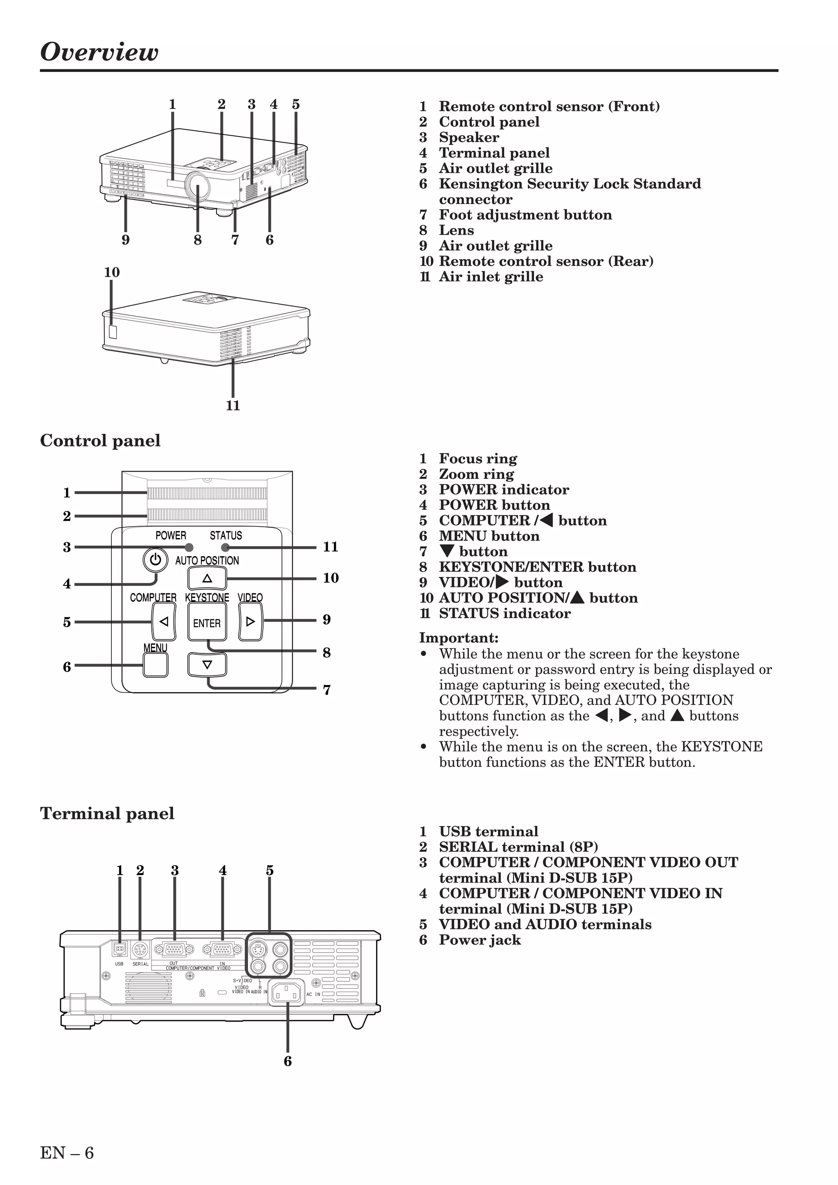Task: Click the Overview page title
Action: point(99,52)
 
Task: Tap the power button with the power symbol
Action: point(155,559)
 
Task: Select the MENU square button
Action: point(155,665)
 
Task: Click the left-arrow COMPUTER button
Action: point(164,622)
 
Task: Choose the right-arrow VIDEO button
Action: point(250,622)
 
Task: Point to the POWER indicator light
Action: point(189,547)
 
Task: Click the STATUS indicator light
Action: point(225,547)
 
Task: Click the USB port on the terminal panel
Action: point(120,949)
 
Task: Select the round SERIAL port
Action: point(140,949)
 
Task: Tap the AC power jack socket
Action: point(286,992)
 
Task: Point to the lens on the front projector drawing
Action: point(198,185)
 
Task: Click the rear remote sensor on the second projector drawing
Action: point(113,331)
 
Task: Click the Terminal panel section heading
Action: point(107,813)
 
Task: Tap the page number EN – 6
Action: point(67,1152)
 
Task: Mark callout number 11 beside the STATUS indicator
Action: point(331,547)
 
